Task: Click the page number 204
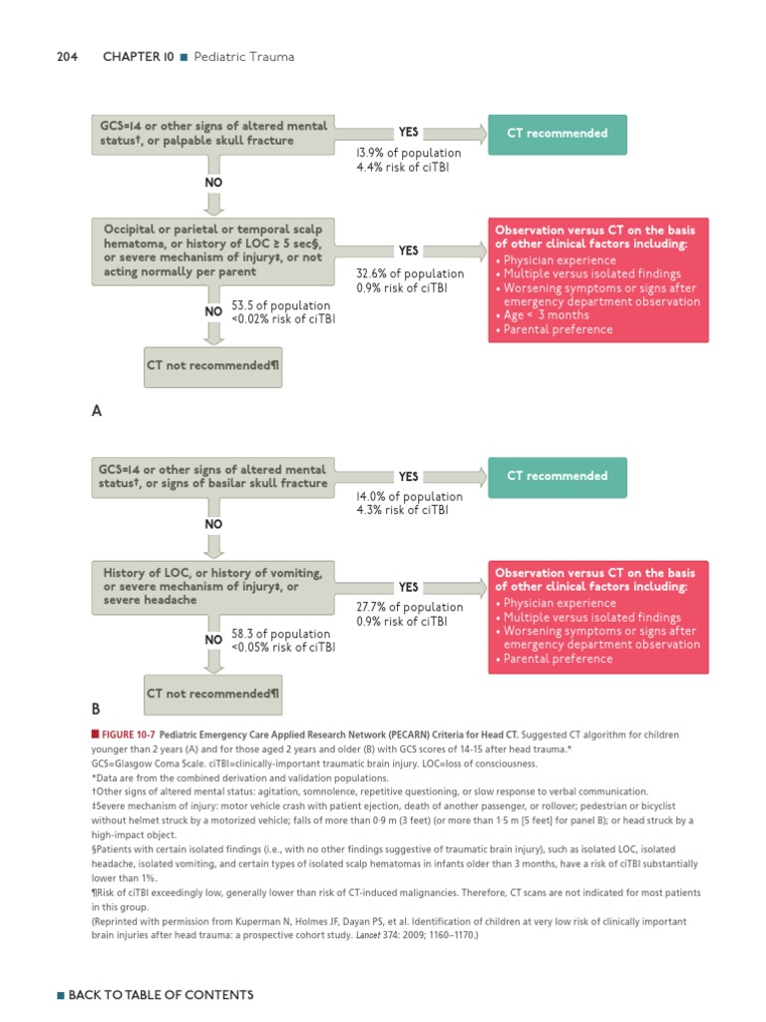pyautogui.click(x=67, y=57)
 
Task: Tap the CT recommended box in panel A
pyautogui.click(x=557, y=134)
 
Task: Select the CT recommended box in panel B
pyautogui.click(x=557, y=476)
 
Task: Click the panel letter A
pyautogui.click(x=96, y=410)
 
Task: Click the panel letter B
pyautogui.click(x=96, y=710)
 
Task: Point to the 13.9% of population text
pyautogui.click(x=408, y=153)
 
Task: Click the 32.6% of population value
pyautogui.click(x=410, y=273)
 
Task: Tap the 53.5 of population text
pyautogui.click(x=282, y=305)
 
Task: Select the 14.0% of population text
pyautogui.click(x=409, y=496)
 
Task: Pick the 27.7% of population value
pyautogui.click(x=410, y=607)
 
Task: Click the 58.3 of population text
pyautogui.click(x=282, y=634)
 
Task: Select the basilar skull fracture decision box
pyautogui.click(x=211, y=476)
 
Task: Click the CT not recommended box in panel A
pyautogui.click(x=212, y=365)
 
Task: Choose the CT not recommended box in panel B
pyautogui.click(x=212, y=693)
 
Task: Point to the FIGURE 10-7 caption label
pyautogui.click(x=126, y=735)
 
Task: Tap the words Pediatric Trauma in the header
pyautogui.click(x=244, y=57)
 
